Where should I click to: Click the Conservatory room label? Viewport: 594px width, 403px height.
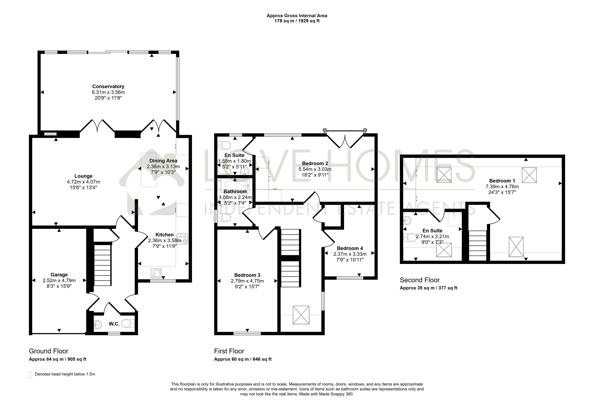tap(108, 86)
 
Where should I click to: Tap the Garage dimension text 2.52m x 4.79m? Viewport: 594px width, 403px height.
tap(59, 280)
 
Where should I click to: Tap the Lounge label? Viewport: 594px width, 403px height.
tap(83, 176)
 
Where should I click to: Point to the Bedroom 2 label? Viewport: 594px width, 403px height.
tap(315, 163)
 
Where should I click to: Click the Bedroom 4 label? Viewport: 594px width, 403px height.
tap(350, 248)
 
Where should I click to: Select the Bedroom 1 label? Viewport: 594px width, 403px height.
tap(502, 181)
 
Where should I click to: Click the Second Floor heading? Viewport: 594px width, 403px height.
tap(420, 280)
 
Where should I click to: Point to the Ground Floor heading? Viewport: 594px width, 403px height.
tap(49, 351)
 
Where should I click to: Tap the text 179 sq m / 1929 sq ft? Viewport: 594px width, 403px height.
tap(297, 21)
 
